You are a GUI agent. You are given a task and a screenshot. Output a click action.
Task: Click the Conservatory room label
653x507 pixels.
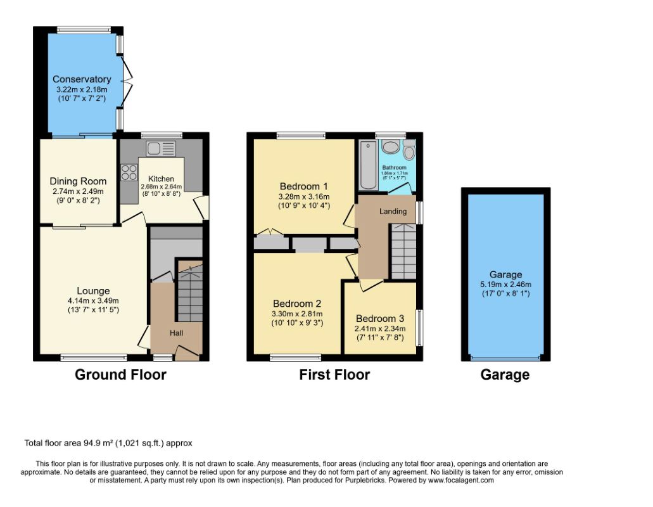[82, 79]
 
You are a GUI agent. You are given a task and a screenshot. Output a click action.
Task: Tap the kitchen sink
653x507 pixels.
[161, 149]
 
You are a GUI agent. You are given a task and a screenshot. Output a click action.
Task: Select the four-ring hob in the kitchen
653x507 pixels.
[129, 172]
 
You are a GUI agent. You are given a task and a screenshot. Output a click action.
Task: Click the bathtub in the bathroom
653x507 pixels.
[368, 165]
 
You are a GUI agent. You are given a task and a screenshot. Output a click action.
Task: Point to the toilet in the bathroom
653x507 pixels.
[409, 150]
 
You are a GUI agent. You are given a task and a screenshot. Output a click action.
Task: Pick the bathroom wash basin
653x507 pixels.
[391, 147]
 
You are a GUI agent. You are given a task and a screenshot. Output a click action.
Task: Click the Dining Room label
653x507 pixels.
[78, 181]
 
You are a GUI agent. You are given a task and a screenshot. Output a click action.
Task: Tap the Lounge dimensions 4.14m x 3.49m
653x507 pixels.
[93, 300]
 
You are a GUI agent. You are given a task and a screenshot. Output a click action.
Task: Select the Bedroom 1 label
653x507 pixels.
[303, 186]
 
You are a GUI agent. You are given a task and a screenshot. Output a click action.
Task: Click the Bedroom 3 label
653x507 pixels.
[380, 319]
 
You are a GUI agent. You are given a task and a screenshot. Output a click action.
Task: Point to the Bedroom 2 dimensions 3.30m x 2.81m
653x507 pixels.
[297, 314]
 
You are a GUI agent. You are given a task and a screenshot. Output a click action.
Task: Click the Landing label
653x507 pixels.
[393, 211]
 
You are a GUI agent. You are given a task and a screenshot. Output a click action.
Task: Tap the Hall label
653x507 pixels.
[176, 333]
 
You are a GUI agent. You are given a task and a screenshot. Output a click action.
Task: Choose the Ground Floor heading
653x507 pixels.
[120, 375]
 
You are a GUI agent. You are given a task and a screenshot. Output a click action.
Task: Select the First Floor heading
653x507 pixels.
[334, 375]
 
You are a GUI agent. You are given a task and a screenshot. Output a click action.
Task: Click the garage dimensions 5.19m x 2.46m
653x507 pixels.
[505, 285]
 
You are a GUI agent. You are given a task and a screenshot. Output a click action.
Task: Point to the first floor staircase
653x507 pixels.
[403, 251]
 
